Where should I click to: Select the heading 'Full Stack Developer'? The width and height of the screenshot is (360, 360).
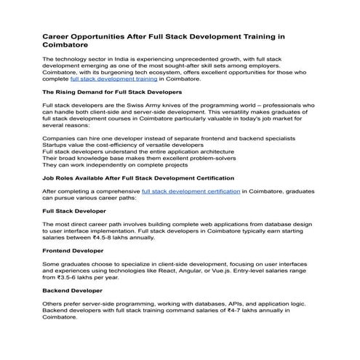73,210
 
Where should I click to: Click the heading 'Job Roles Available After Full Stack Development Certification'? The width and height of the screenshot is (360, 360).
138,177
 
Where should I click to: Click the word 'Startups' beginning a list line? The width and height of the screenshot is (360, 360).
57,145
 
